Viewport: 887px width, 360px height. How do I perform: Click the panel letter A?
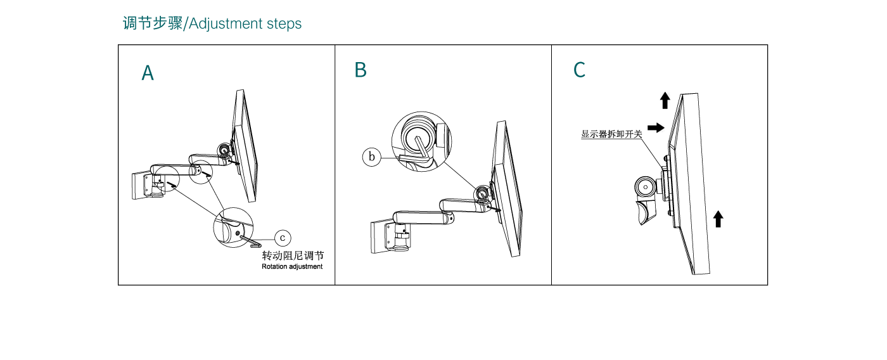(148, 73)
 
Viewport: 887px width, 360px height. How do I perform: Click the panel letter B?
(361, 70)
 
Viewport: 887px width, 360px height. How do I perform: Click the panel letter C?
(579, 70)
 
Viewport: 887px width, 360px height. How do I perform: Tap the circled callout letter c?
(283, 238)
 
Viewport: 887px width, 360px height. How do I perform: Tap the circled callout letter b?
(371, 157)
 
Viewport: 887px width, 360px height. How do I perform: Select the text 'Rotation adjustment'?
(292, 267)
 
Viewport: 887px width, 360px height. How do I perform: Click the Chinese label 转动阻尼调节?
(293, 255)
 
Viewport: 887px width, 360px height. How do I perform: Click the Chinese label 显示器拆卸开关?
(611, 134)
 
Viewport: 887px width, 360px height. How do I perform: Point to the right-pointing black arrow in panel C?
(656, 127)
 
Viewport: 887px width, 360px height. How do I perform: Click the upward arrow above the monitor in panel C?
(665, 101)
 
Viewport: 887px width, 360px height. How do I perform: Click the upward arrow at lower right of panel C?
(718, 219)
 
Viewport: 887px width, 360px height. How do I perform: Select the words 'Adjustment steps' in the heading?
(245, 23)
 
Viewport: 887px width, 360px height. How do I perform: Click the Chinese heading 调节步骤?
(153, 23)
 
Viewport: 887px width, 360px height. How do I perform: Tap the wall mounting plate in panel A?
(141, 185)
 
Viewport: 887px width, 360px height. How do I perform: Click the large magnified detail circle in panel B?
(422, 141)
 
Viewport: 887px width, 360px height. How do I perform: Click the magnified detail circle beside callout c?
(233, 228)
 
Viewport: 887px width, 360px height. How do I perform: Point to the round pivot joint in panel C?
(646, 187)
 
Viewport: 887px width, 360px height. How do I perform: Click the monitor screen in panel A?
(246, 146)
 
